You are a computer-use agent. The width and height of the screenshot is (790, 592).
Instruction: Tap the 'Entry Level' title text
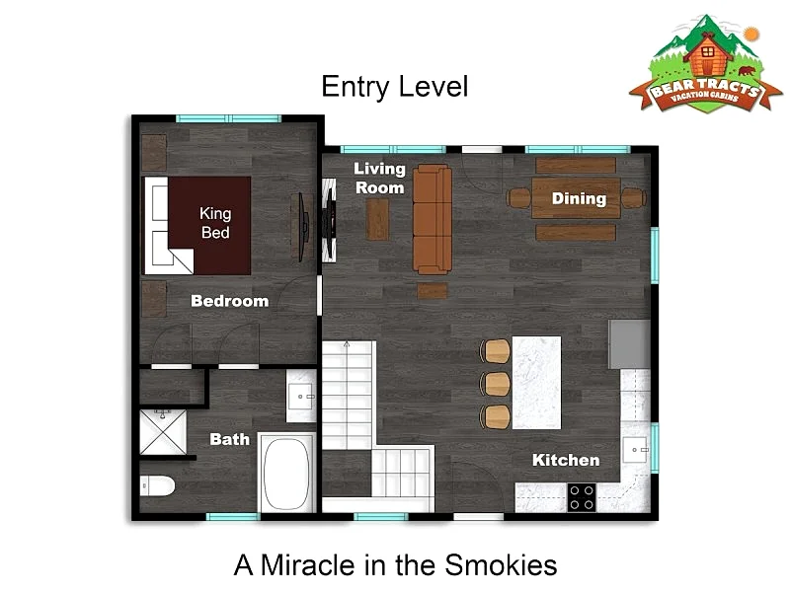click(x=395, y=87)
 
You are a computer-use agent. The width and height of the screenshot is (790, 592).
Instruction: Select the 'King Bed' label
click(x=215, y=223)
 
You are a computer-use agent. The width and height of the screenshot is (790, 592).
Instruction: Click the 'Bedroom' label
click(x=230, y=301)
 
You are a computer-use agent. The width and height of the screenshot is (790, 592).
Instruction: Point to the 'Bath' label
click(x=230, y=439)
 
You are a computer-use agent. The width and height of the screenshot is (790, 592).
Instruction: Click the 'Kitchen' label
click(x=566, y=460)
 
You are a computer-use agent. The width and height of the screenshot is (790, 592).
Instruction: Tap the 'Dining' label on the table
click(x=579, y=199)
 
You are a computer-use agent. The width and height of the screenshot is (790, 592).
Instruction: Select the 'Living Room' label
click(x=379, y=179)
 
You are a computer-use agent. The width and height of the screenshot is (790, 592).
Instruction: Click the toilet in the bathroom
click(x=157, y=486)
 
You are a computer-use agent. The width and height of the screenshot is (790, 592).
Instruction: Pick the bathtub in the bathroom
click(x=286, y=474)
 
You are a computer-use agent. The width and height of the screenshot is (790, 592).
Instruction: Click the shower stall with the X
click(x=163, y=432)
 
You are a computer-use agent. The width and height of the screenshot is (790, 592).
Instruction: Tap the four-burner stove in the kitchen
click(x=582, y=497)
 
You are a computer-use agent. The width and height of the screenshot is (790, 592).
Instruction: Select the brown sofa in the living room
click(x=433, y=219)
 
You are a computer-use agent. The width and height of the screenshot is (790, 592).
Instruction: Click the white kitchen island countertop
click(x=536, y=383)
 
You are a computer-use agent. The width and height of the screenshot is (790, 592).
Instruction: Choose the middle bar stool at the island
click(x=495, y=384)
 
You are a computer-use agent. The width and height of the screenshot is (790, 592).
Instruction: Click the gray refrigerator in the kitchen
click(x=629, y=344)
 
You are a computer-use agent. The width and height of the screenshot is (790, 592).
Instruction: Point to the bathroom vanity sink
click(x=301, y=397)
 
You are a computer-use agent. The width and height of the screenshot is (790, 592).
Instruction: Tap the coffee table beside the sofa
click(x=377, y=219)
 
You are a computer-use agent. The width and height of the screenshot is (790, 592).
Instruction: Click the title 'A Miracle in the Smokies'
click(x=396, y=564)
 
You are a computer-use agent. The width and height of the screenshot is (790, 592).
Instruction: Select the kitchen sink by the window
click(x=635, y=450)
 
